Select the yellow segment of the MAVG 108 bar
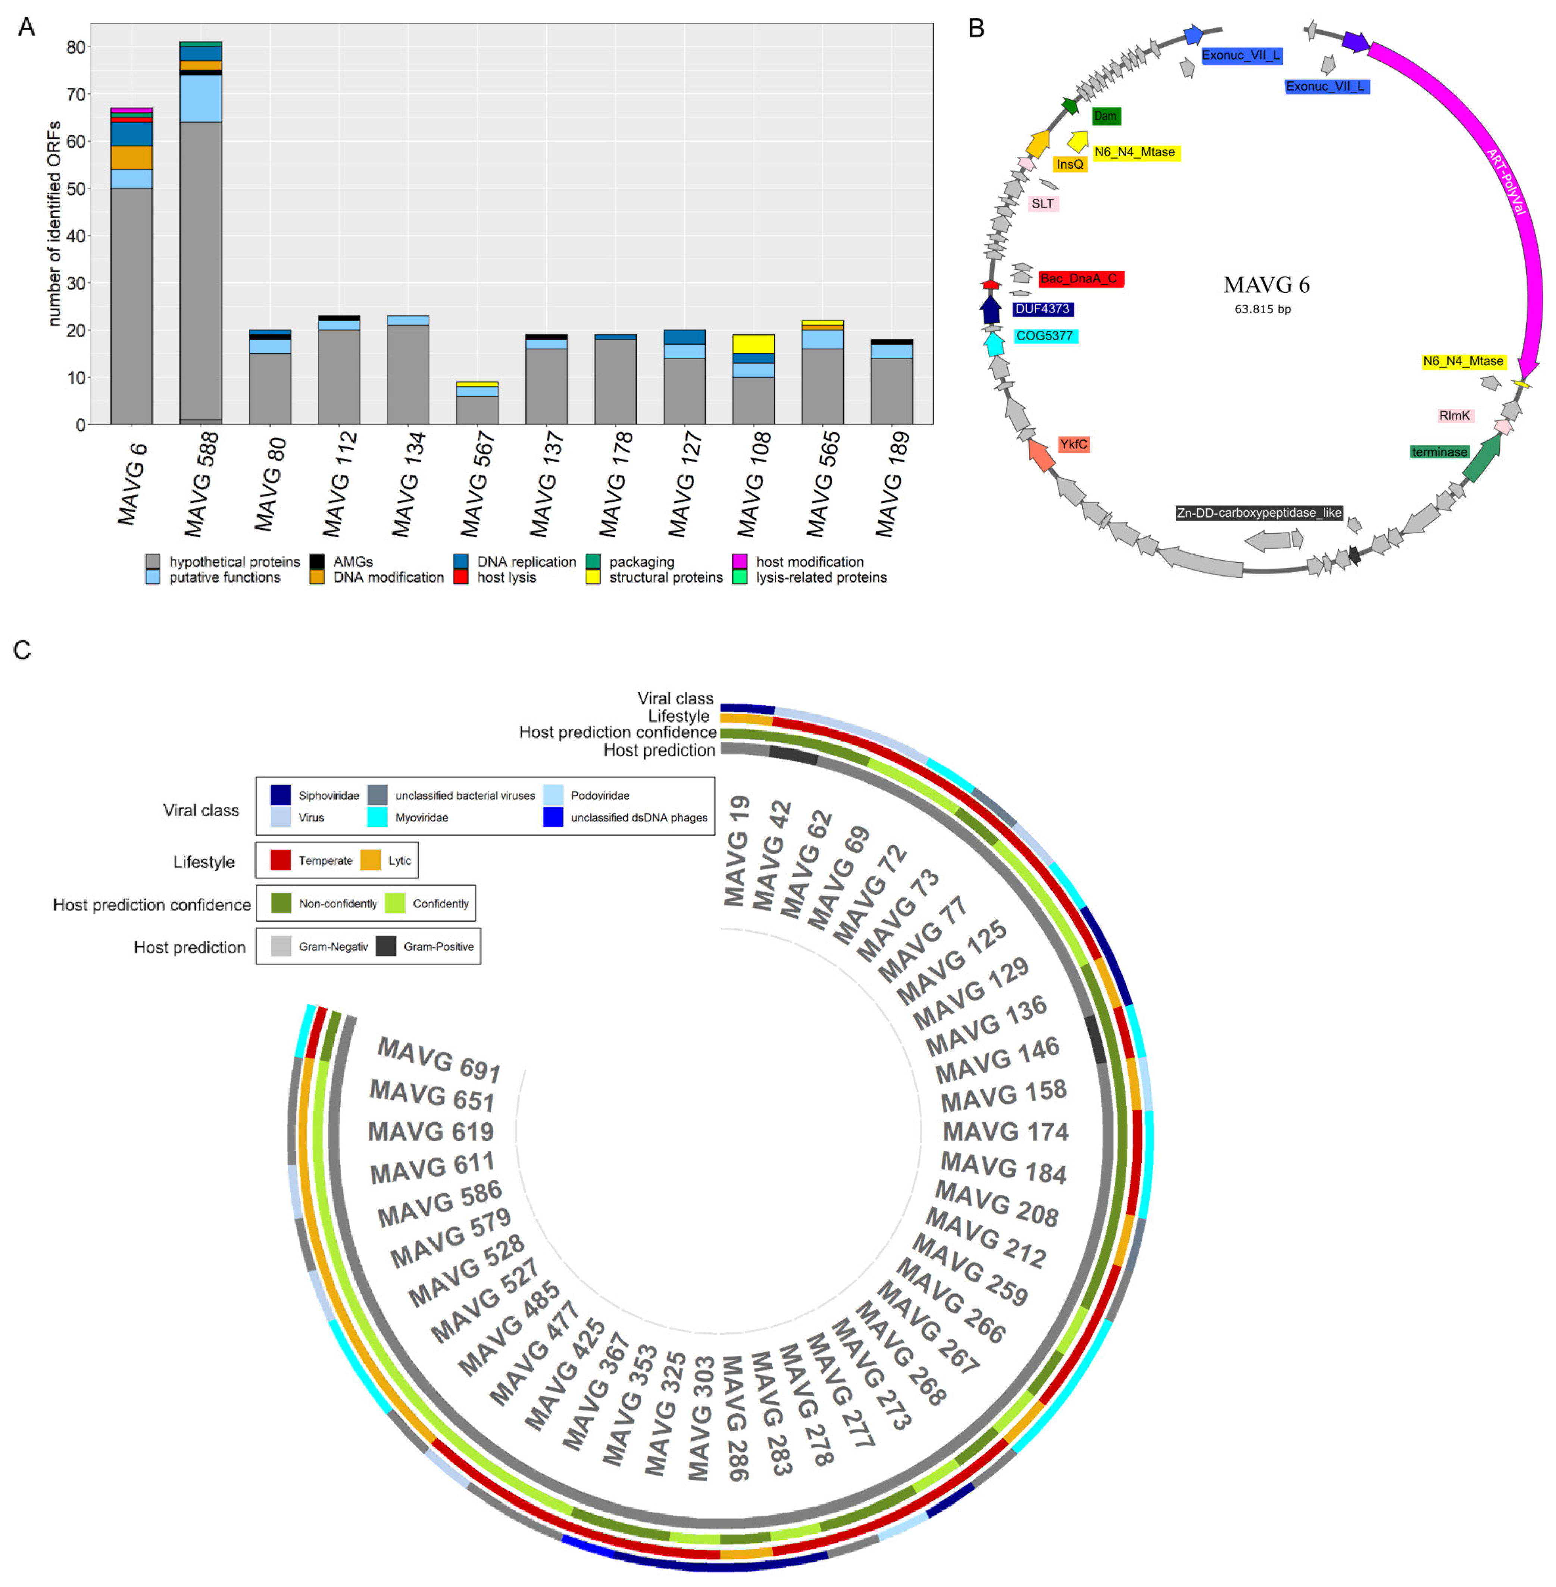[753, 344]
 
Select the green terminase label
[1439, 452]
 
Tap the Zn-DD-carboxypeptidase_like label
[1259, 513]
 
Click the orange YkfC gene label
[1073, 444]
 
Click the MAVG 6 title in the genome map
[1266, 285]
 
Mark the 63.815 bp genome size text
[1263, 309]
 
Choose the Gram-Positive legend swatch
[386, 946]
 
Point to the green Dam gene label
[1105, 116]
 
